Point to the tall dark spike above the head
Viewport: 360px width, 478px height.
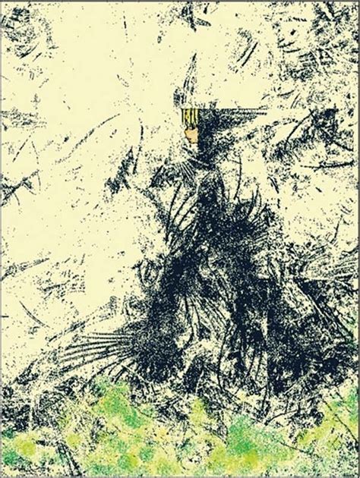[x=192, y=72]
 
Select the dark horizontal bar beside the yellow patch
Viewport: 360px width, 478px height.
[x=228, y=114]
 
